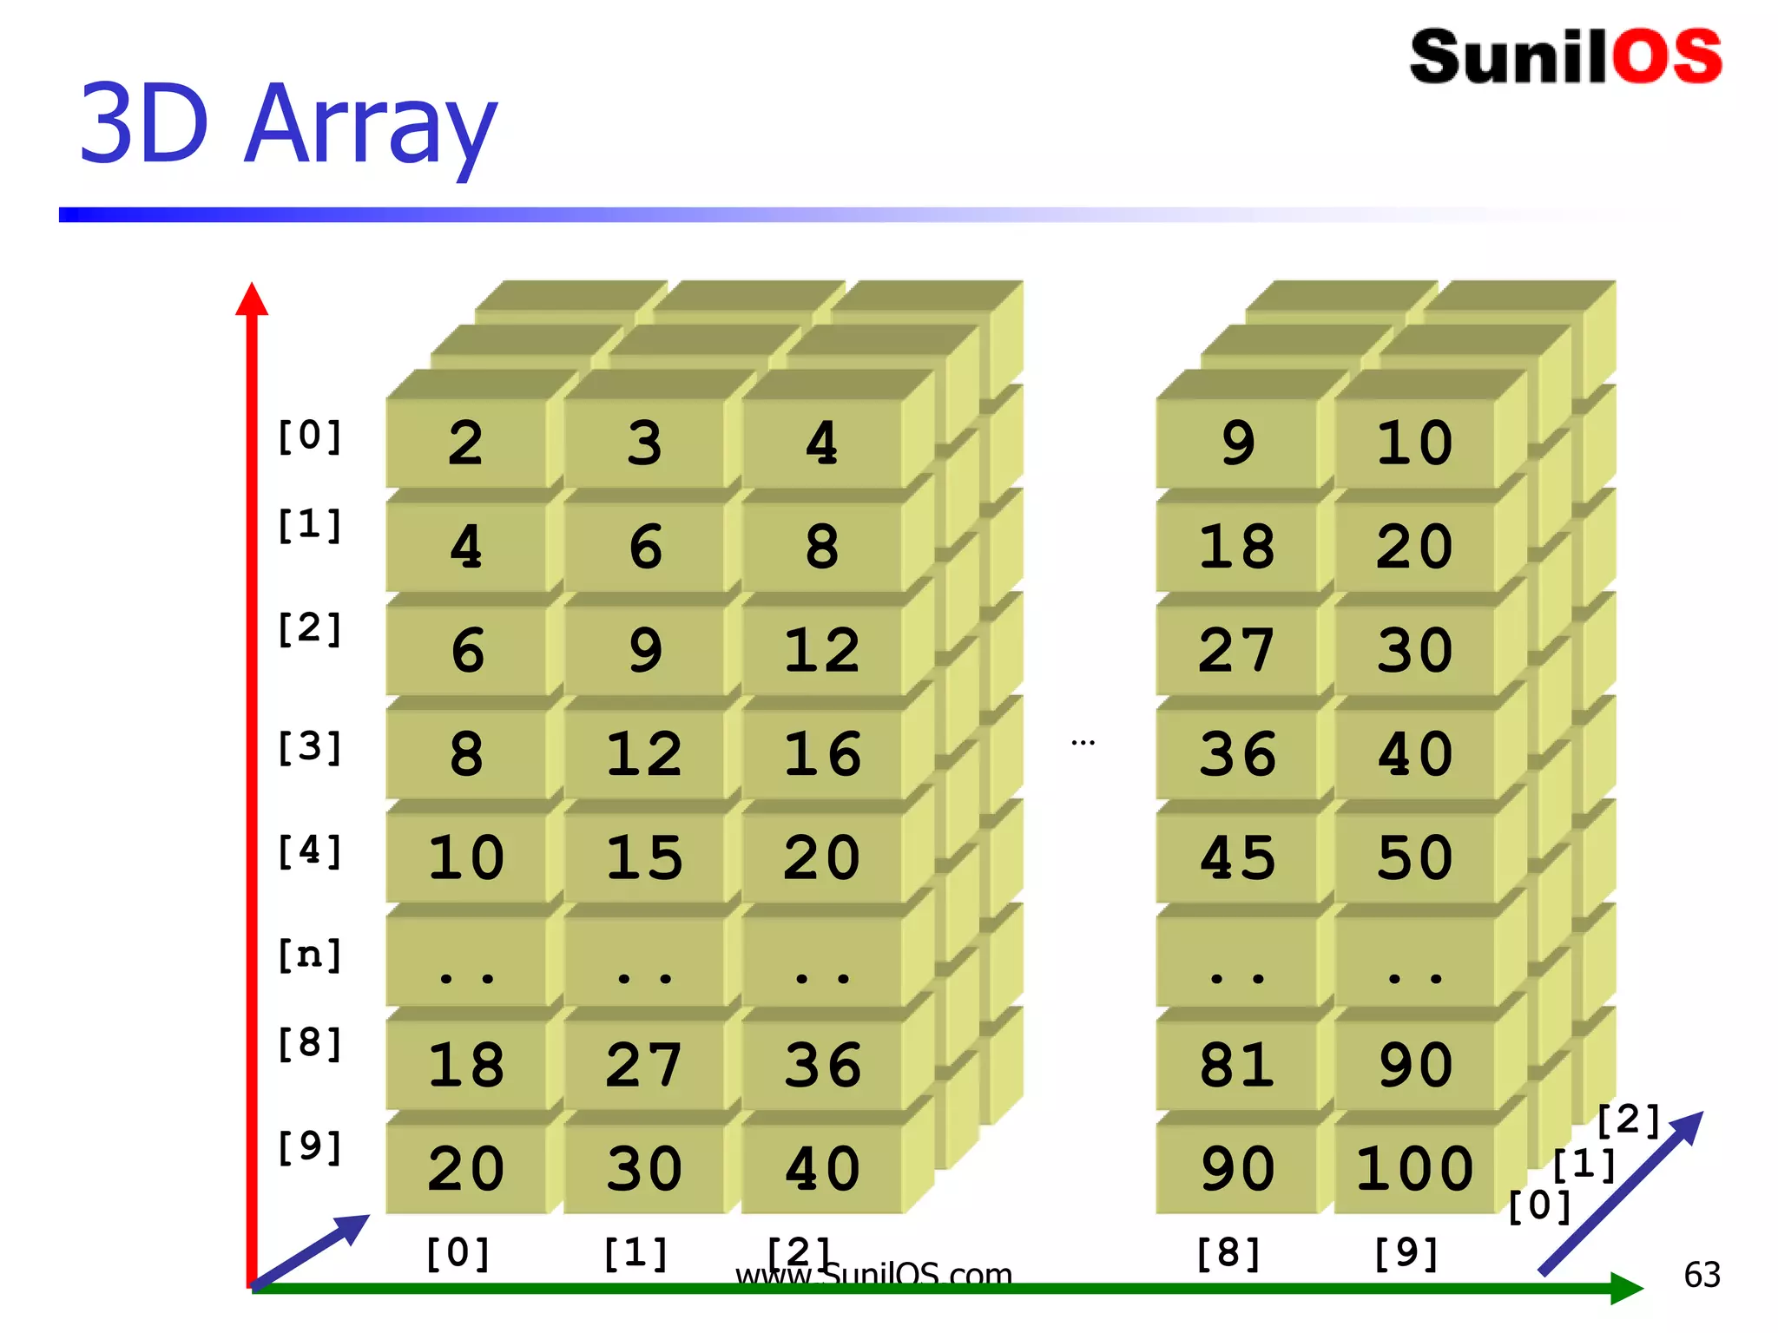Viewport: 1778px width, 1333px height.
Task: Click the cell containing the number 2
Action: click(466, 443)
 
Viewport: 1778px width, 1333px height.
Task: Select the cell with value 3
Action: click(644, 443)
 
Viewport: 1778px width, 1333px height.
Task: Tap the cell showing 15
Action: click(644, 857)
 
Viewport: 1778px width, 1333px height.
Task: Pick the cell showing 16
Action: click(822, 753)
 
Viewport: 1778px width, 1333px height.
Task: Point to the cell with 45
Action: click(1237, 857)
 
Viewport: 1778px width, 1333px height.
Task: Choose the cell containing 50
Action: click(1415, 857)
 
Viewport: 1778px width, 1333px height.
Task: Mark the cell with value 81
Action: click(1237, 1065)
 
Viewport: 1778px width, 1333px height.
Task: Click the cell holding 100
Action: click(1415, 1168)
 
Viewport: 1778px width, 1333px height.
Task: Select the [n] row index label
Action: click(309, 955)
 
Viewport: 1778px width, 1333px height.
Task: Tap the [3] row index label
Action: click(309, 747)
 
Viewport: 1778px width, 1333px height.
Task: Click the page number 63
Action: click(1702, 1275)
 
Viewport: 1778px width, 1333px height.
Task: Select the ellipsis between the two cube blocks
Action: click(1083, 743)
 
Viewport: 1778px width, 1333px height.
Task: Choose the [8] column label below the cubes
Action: click(1228, 1253)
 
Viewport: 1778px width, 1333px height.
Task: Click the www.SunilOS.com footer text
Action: click(873, 1274)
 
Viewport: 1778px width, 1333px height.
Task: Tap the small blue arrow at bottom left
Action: click(313, 1250)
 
